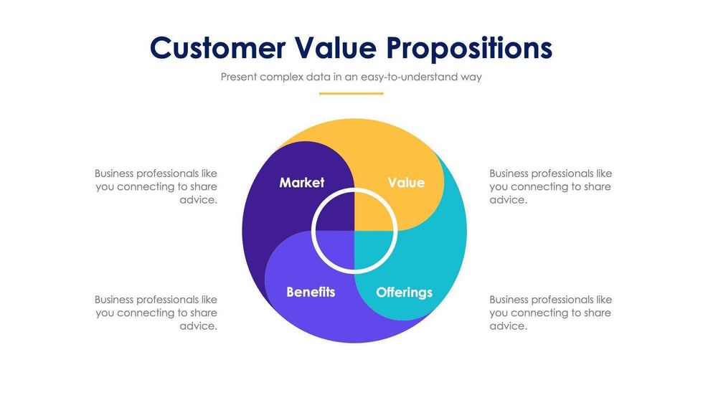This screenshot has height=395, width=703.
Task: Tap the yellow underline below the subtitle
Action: (x=351, y=93)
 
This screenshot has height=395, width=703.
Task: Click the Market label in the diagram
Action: (x=301, y=183)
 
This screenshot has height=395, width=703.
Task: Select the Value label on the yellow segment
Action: (x=406, y=183)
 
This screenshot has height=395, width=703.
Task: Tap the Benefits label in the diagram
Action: (x=311, y=292)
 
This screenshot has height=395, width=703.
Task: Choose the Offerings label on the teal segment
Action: (x=404, y=292)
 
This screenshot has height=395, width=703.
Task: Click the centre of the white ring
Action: (x=354, y=231)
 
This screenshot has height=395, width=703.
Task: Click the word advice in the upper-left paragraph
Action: (x=197, y=200)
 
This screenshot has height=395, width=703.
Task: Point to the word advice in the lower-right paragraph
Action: (x=507, y=326)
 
